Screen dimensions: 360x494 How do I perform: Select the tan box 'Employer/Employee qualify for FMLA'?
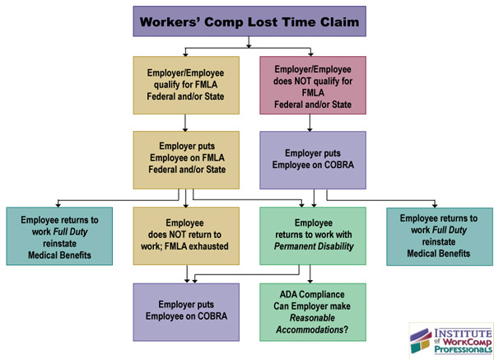pyautogui.click(x=186, y=85)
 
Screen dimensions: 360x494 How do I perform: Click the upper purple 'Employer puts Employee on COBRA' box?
pyautogui.click(x=311, y=160)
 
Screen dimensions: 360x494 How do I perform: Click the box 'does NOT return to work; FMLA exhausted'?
pyautogui.click(x=186, y=236)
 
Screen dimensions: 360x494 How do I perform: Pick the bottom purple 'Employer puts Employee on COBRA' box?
pyautogui.click(x=186, y=311)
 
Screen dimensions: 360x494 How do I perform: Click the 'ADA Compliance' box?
pyautogui.click(x=312, y=311)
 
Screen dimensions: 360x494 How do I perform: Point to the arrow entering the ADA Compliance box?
pyautogui.click(x=312, y=276)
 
